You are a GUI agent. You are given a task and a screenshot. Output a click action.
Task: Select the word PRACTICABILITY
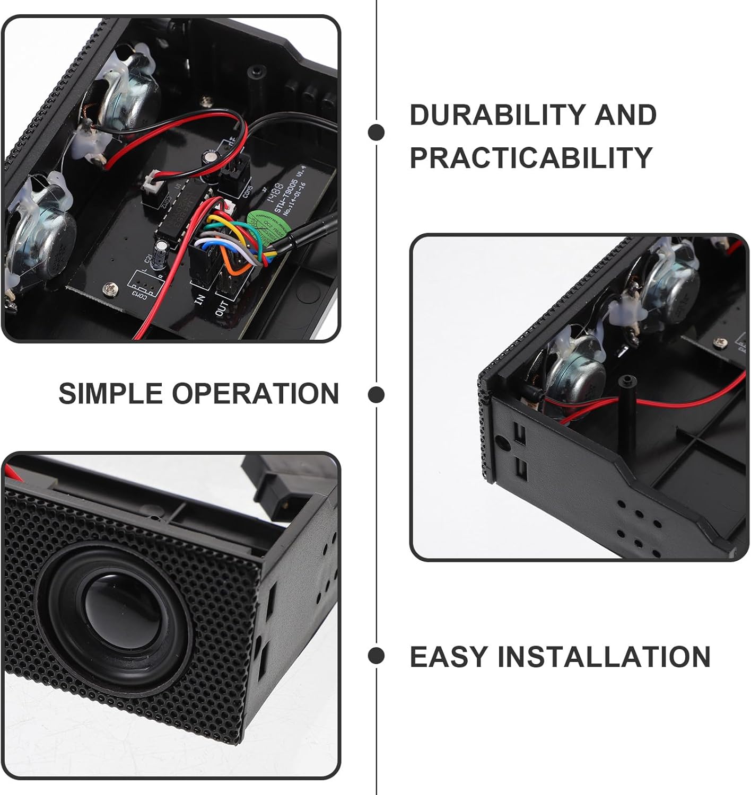point(530,157)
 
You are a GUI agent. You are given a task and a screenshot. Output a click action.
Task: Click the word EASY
point(448,657)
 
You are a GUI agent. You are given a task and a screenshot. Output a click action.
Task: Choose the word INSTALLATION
point(604,657)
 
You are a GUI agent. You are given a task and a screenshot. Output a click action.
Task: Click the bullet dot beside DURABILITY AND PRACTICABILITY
point(376,132)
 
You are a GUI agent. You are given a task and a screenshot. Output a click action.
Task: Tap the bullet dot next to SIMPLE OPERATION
point(376,394)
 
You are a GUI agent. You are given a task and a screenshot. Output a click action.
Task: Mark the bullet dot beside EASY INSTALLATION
point(376,656)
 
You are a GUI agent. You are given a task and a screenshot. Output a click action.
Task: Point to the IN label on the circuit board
point(200,299)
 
